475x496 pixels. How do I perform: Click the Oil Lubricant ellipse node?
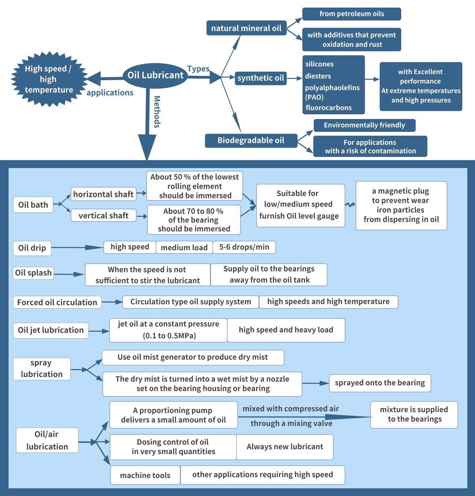[x=155, y=75]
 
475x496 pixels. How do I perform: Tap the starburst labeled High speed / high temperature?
[x=48, y=79]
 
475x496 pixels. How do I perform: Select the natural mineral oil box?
[x=246, y=28]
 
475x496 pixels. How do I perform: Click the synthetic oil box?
[x=260, y=78]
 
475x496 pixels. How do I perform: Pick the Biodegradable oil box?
[x=251, y=140]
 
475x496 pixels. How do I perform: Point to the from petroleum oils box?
[x=351, y=14]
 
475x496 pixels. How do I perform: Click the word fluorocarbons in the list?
[x=329, y=108]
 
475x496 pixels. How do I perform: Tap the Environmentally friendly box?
[x=364, y=125]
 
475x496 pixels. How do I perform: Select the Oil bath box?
[x=33, y=205]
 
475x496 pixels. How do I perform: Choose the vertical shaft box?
[x=103, y=216]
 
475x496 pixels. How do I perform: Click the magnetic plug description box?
[x=401, y=205]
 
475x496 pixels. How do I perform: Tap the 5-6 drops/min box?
[x=244, y=247]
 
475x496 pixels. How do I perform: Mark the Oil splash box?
[x=33, y=273]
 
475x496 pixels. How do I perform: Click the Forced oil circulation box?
[x=57, y=303]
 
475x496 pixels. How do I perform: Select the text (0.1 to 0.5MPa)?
[x=169, y=336]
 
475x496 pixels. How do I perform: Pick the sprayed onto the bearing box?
[x=380, y=383]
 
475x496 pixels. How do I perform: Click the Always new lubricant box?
[x=285, y=447]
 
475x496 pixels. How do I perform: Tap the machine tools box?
[x=145, y=475]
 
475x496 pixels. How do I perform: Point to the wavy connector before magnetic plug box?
[x=350, y=204]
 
